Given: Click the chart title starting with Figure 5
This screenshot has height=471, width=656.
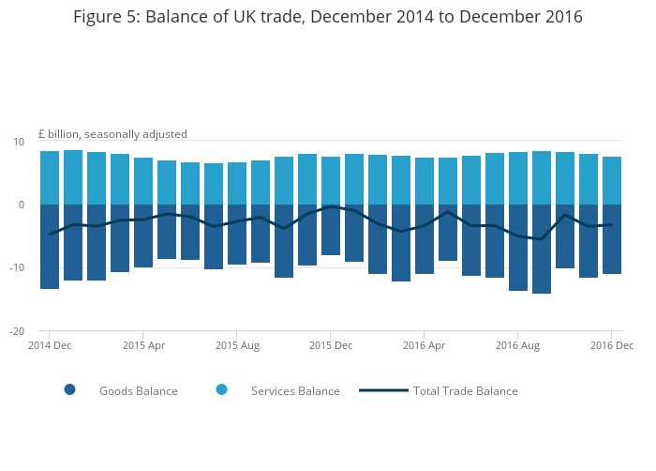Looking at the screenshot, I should (x=328, y=17).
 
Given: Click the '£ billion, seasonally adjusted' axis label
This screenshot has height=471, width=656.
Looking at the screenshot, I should (x=112, y=134).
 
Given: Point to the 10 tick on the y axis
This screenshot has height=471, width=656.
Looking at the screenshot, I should (x=18, y=142).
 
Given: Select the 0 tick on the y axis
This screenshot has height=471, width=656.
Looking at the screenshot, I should (x=21, y=205).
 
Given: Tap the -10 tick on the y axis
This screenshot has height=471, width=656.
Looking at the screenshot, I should (x=16, y=268).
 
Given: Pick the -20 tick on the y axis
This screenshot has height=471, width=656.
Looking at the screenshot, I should (x=16, y=331).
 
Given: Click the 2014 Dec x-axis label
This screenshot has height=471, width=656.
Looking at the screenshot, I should (x=50, y=345).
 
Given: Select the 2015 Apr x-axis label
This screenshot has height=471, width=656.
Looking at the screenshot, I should (x=143, y=345).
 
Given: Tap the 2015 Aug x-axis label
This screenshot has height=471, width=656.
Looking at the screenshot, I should (x=237, y=345).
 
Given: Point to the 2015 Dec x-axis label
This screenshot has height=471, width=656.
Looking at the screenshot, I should (x=331, y=345).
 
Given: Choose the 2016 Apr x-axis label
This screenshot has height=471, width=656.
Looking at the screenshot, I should (x=425, y=345).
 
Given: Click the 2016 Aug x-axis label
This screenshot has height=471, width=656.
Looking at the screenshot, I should (x=518, y=345).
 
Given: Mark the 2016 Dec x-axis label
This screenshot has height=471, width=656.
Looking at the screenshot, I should (x=612, y=345).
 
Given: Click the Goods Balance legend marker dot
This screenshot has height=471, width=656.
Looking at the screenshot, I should (x=70, y=390).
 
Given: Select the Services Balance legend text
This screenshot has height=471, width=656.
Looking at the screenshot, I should (x=295, y=391).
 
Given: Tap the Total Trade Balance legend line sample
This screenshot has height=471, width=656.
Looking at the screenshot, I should (x=383, y=390).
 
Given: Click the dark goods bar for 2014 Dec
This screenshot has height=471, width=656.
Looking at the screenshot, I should (x=50, y=246).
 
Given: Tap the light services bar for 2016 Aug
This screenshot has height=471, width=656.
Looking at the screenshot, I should (x=518, y=178).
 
